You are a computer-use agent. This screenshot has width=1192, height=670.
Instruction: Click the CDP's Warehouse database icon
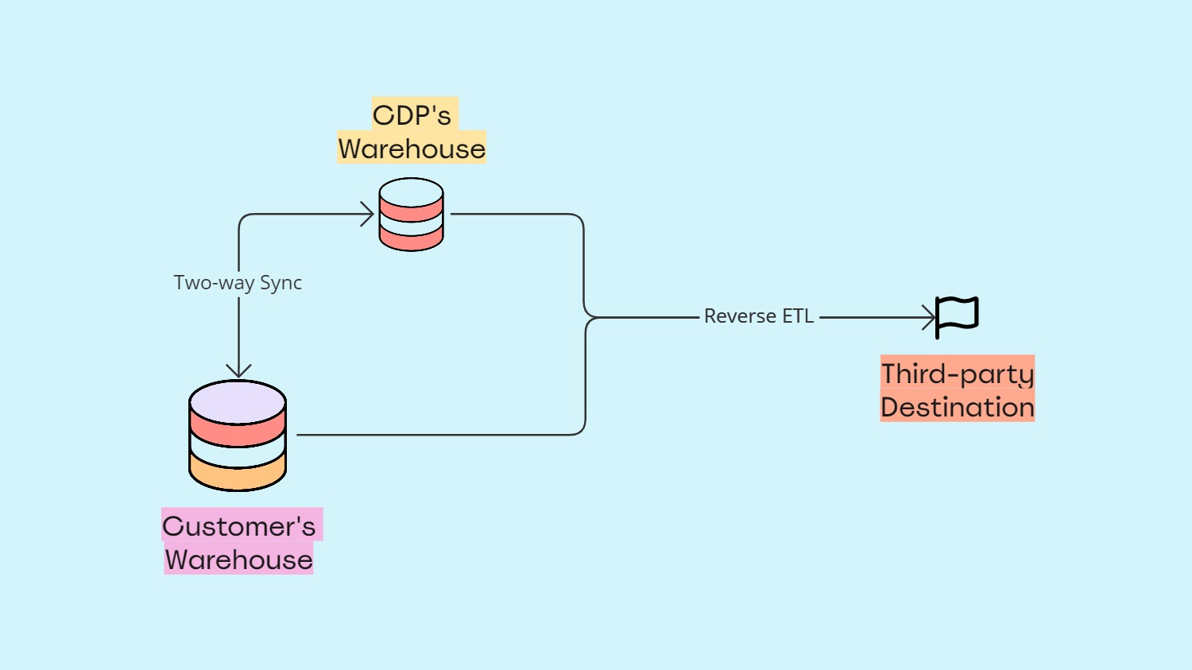411,215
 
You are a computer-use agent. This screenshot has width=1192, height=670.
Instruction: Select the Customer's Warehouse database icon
238,436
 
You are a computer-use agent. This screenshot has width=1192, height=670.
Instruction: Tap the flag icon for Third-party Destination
958,316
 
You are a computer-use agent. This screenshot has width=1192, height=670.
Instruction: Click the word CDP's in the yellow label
412,115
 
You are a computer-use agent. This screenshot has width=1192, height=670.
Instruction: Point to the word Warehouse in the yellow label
412,149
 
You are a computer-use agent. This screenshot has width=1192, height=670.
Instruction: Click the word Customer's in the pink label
239,526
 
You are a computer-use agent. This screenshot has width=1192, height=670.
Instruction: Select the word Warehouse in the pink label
239,560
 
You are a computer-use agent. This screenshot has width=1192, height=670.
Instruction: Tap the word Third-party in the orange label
957,374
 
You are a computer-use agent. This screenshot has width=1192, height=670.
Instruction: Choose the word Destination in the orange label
957,407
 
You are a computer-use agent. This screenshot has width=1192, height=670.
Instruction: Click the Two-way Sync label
238,283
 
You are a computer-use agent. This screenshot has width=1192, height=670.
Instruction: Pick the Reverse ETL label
759,316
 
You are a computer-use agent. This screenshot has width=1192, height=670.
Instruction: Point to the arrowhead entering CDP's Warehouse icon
368,214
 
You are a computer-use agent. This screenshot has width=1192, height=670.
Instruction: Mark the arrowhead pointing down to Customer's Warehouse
238,370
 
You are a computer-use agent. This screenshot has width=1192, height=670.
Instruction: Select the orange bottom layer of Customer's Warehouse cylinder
238,474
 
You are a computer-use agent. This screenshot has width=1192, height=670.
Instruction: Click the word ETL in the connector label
798,316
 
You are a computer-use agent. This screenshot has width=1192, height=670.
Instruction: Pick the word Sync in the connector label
281,283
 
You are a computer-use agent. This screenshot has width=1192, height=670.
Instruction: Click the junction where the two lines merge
590,317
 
